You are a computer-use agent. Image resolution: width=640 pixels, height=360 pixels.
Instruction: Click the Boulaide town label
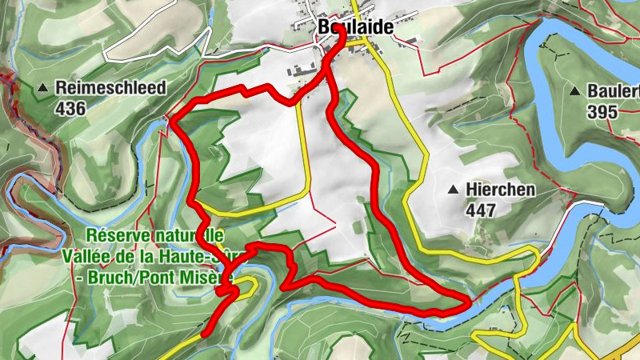click(356, 26)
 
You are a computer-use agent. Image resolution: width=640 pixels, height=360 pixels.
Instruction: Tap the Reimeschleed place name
click(110, 88)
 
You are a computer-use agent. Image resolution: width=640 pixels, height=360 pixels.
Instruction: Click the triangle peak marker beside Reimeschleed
click(43, 86)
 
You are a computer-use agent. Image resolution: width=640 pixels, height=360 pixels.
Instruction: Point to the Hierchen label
click(502, 190)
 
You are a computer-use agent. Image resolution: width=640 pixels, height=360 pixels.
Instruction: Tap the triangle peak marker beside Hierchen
click(454, 190)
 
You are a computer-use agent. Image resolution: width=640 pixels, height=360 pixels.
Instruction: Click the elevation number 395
click(601, 112)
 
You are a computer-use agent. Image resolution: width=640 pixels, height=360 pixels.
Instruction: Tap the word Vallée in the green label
click(88, 256)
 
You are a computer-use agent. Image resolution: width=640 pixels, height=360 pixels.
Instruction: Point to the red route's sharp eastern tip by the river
click(467, 302)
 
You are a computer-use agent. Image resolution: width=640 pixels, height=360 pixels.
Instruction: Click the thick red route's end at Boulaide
click(335, 46)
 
